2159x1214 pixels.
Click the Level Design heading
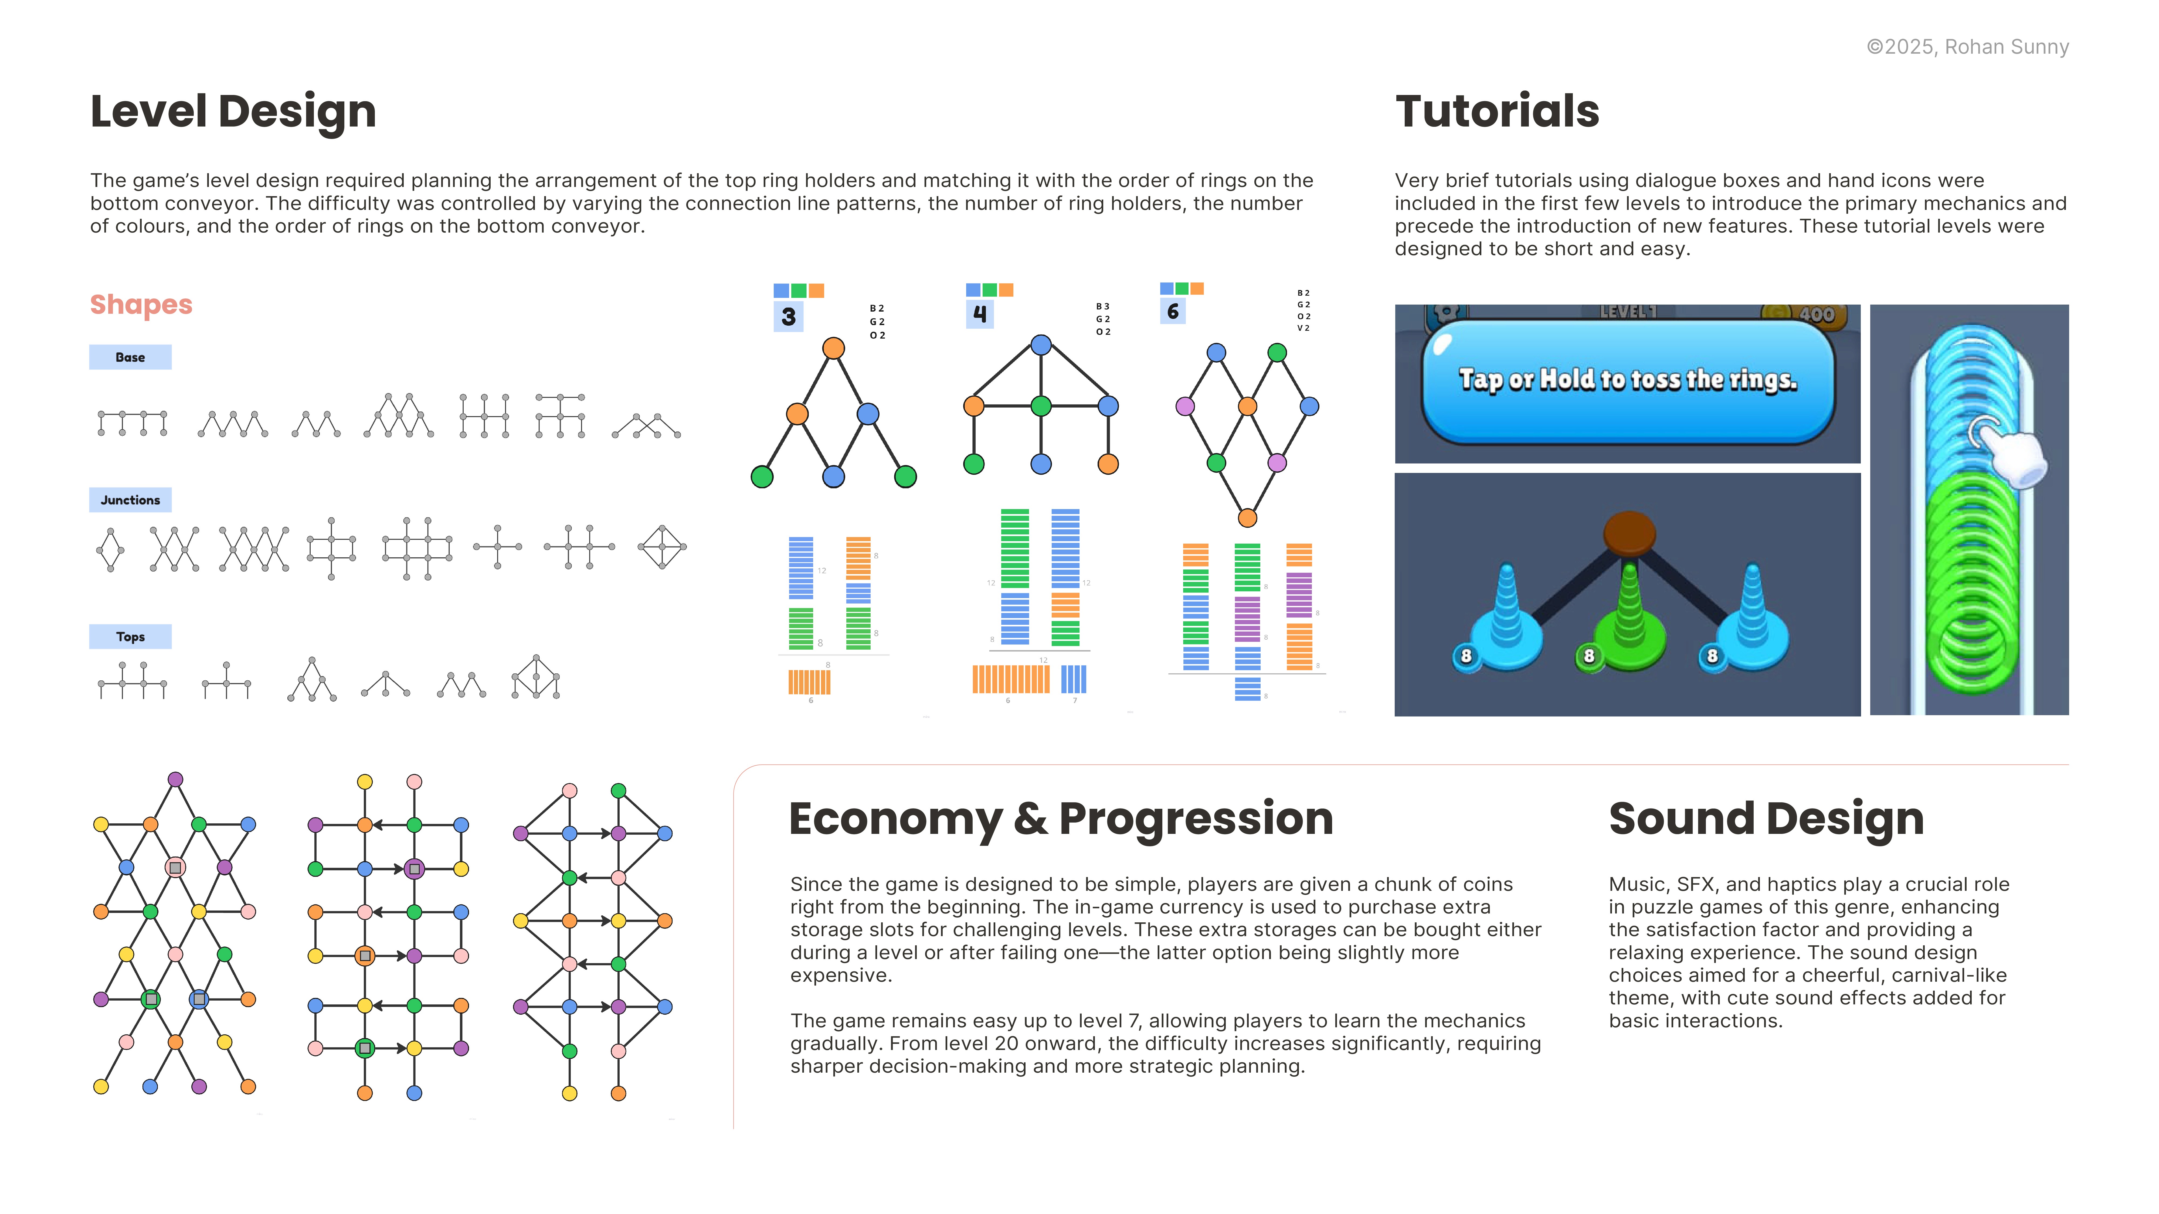tap(233, 111)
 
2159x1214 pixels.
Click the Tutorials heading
tap(1497, 111)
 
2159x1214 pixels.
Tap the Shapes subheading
tap(141, 304)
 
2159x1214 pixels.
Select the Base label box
tap(130, 357)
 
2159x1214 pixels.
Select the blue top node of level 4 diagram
tap(1041, 344)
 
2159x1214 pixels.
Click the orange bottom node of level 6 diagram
tap(1247, 518)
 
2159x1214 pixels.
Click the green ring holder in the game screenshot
tap(1628, 620)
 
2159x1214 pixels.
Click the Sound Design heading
tap(1766, 819)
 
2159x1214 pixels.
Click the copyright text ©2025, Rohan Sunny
tap(1967, 47)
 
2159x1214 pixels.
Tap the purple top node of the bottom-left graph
tap(175, 779)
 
